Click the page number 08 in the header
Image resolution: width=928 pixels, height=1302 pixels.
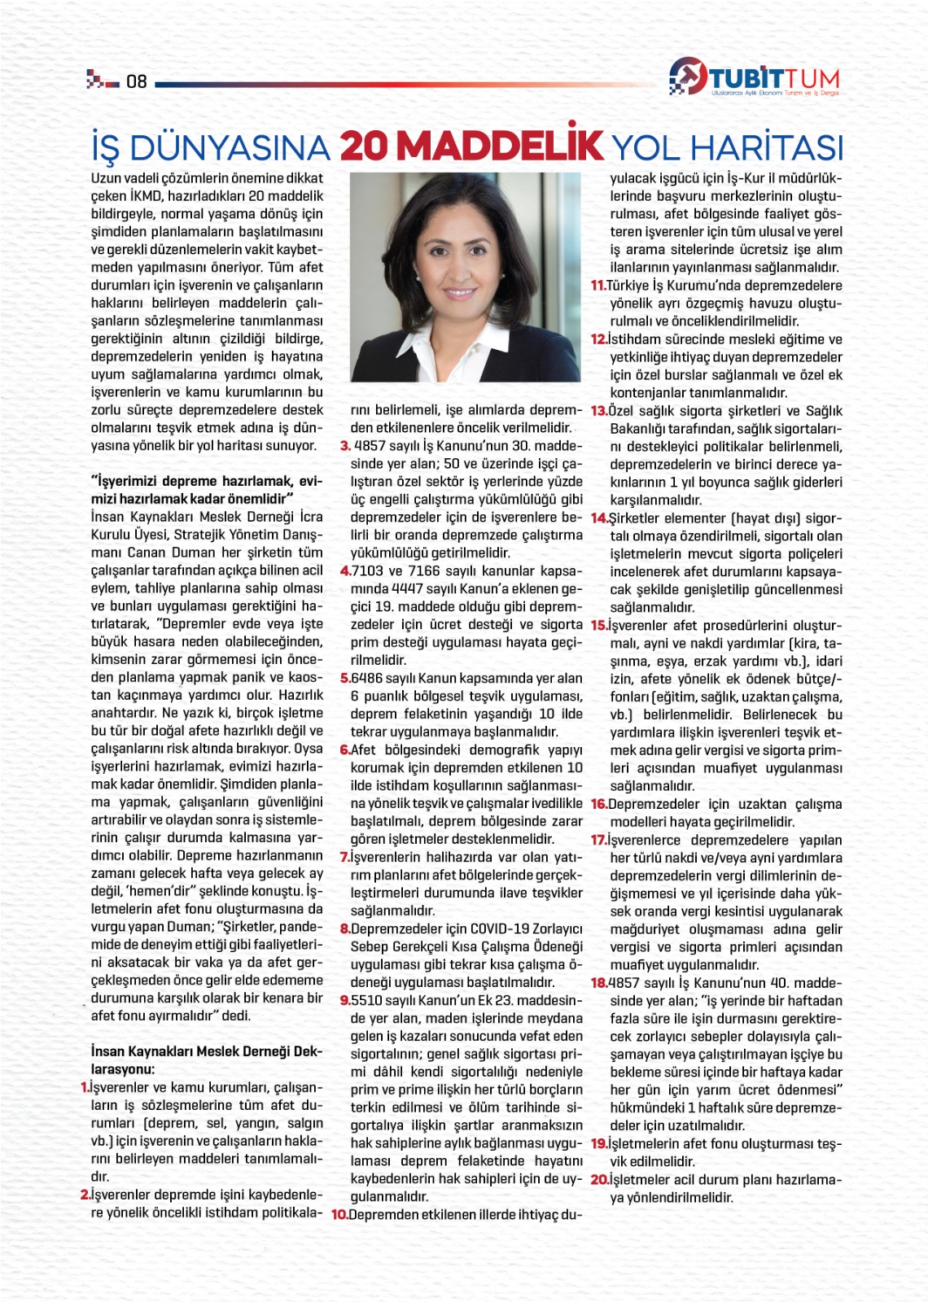(136, 81)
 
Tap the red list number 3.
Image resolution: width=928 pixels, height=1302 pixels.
(345, 446)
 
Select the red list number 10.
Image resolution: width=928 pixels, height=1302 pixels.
(339, 1215)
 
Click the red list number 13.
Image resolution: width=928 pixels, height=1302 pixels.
(599, 411)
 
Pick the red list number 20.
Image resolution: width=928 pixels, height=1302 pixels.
(599, 1180)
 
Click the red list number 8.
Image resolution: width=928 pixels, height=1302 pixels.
(345, 929)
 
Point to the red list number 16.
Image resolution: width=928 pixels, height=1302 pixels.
(598, 805)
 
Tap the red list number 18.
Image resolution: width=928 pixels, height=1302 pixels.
(599, 983)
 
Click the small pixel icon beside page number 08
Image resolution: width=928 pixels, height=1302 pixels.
(103, 81)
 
